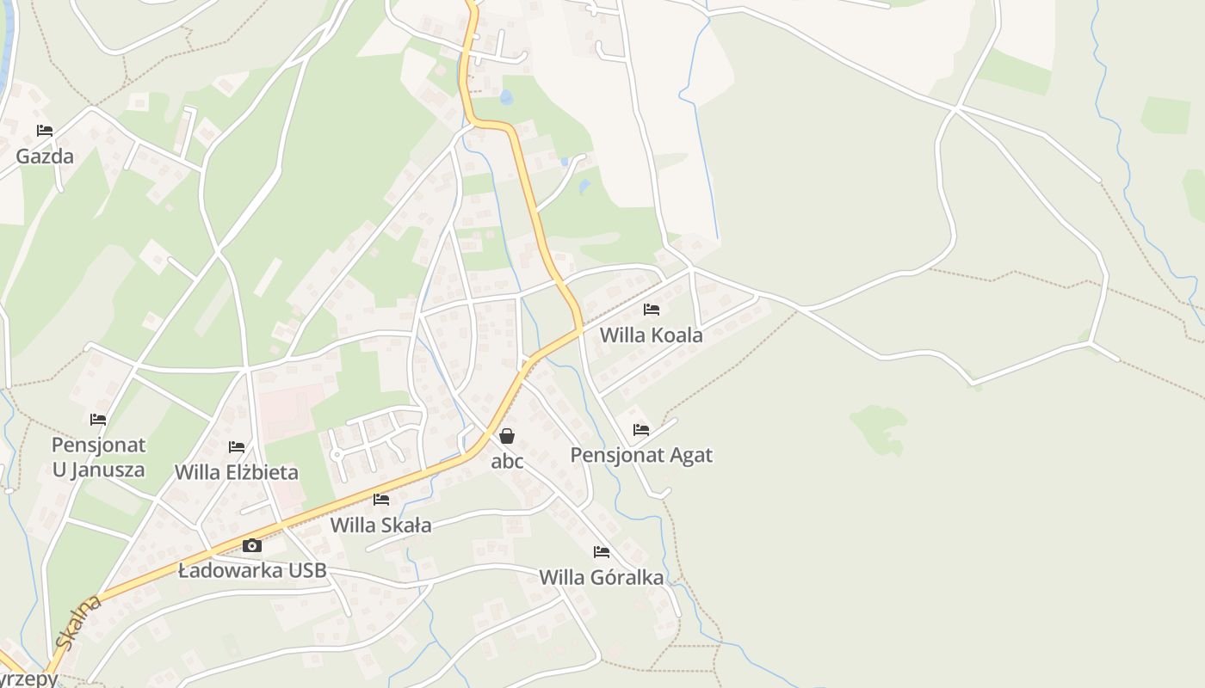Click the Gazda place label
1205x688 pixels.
pyautogui.click(x=45, y=157)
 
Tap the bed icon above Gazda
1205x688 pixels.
pyautogui.click(x=45, y=131)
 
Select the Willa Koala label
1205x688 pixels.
pyautogui.click(x=651, y=335)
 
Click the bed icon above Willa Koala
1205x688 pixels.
pyautogui.click(x=652, y=309)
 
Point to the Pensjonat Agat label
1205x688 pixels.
pyautogui.click(x=641, y=455)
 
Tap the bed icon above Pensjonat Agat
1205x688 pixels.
pyautogui.click(x=640, y=429)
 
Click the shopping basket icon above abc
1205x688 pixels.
pyautogui.click(x=507, y=436)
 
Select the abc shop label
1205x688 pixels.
pyautogui.click(x=507, y=461)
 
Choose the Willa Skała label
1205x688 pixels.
pyautogui.click(x=380, y=525)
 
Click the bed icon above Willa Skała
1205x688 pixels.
pyautogui.click(x=381, y=500)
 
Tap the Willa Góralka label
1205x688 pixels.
pyautogui.click(x=601, y=577)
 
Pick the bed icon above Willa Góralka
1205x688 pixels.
pyautogui.click(x=602, y=552)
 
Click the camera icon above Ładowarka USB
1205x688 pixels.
pyautogui.click(x=251, y=545)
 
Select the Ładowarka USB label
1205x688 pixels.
pyautogui.click(x=252, y=570)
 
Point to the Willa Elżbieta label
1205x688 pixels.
pyautogui.click(x=237, y=472)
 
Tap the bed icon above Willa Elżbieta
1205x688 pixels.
pyautogui.click(x=237, y=447)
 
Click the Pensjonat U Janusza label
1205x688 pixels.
pyautogui.click(x=98, y=458)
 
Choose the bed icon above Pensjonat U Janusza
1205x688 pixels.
pyautogui.click(x=98, y=420)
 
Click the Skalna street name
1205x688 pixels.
pyautogui.click(x=77, y=623)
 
